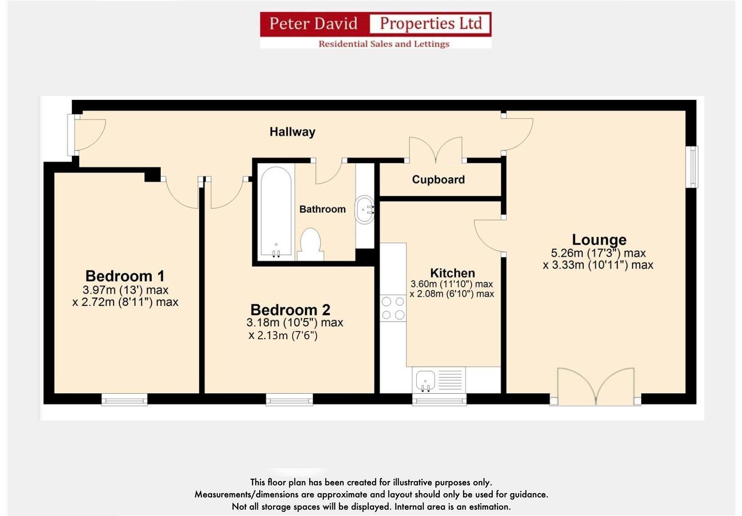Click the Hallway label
292,132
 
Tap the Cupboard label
438,180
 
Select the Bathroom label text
322,209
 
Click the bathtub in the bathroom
276,213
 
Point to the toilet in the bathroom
310,244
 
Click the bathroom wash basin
365,210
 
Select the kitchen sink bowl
425,380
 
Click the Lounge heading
599,239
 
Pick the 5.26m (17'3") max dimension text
598,253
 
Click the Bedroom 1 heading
125,276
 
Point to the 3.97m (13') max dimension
125,290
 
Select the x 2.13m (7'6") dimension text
283,335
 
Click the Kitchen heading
452,273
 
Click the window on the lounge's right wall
692,167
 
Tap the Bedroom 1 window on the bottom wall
125,399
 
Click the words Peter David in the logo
313,23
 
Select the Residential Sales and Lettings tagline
384,44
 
